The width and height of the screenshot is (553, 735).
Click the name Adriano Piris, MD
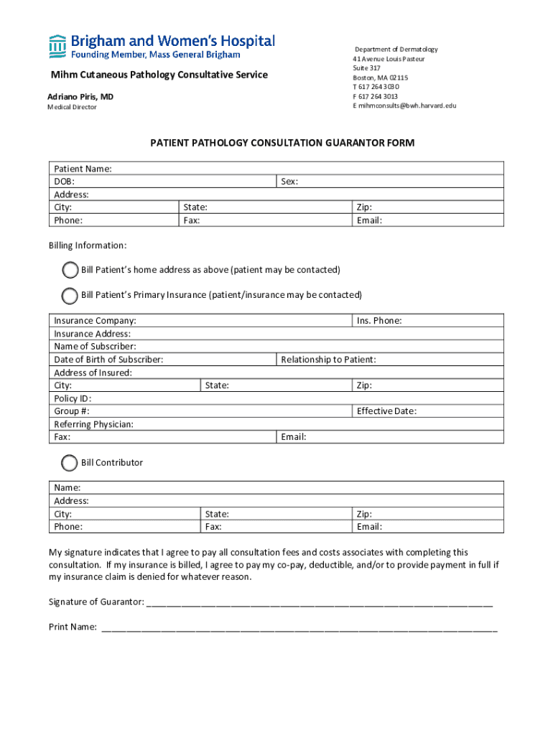coord(80,97)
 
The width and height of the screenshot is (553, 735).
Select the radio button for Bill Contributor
coord(70,463)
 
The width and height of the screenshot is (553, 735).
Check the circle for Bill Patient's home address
coord(70,270)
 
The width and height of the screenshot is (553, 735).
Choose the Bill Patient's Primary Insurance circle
coord(70,295)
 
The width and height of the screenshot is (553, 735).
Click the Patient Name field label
coord(83,169)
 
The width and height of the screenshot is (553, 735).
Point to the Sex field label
coord(289,182)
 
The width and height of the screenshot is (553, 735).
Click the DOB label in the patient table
coord(65,182)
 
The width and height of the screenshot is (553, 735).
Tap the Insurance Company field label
coord(95,321)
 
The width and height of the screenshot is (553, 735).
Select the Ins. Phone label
coord(379,321)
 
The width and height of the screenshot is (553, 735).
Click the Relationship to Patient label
coord(328,360)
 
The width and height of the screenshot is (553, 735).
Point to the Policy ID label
coord(73,398)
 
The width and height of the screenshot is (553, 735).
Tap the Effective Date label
coord(386,411)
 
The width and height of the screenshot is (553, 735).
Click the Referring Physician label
coord(93,424)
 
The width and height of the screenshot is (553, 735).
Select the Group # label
coord(72,411)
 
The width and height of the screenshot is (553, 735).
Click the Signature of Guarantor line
coord(320,602)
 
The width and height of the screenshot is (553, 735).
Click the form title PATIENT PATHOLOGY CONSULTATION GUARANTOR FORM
coord(282,143)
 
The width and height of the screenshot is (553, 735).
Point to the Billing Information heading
coord(88,245)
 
